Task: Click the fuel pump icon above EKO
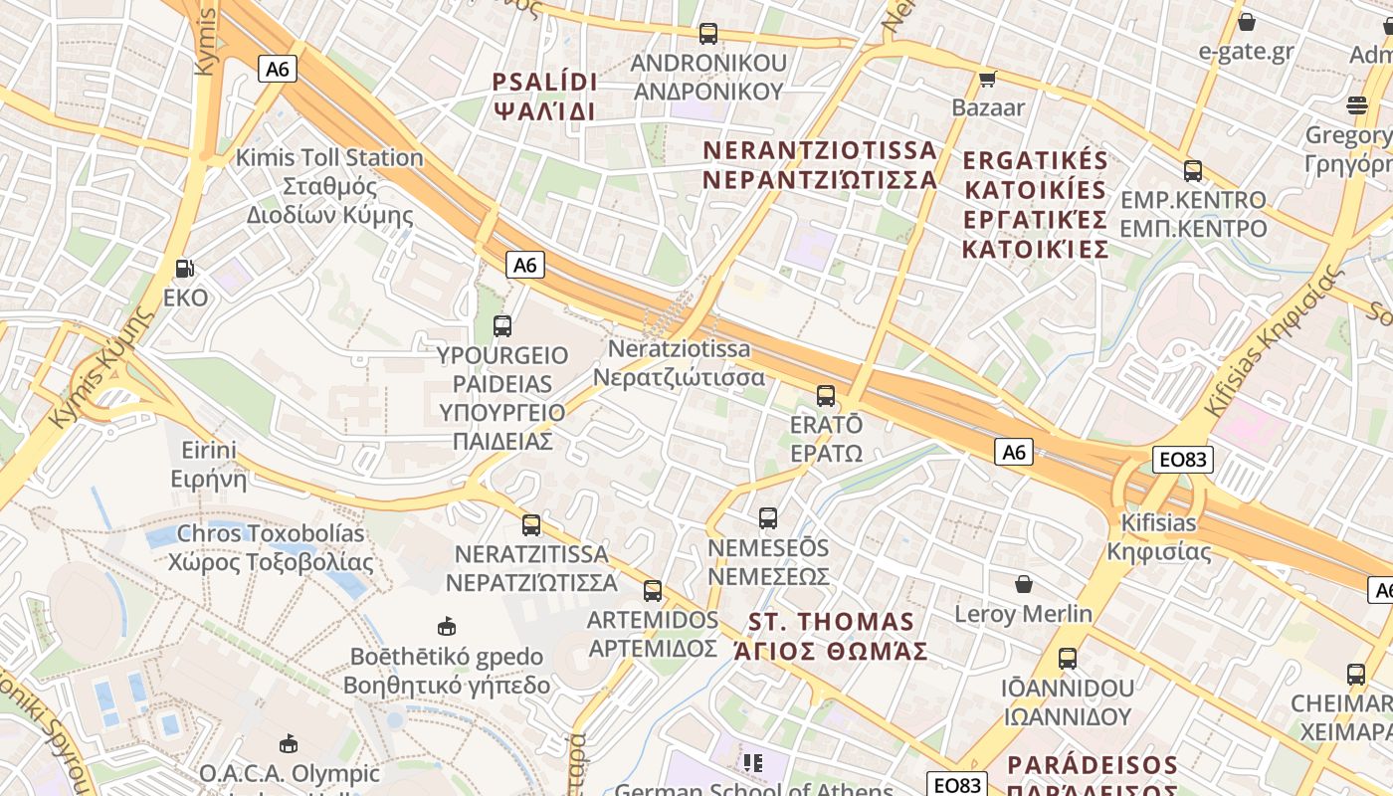pyautogui.click(x=184, y=268)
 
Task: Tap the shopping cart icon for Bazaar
pyautogui.click(x=987, y=79)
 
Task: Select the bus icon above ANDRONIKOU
pyautogui.click(x=708, y=33)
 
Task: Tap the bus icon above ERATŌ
pyautogui.click(x=826, y=395)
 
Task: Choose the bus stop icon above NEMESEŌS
pyautogui.click(x=768, y=517)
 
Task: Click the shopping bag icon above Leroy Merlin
pyautogui.click(x=1024, y=583)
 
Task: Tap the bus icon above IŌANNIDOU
pyautogui.click(x=1068, y=658)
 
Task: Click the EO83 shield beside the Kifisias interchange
pyautogui.click(x=1182, y=459)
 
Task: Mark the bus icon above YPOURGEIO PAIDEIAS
pyautogui.click(x=502, y=325)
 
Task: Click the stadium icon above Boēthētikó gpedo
pyautogui.click(x=447, y=626)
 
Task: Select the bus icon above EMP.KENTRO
pyautogui.click(x=1193, y=170)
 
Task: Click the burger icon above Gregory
pyautogui.click(x=1357, y=104)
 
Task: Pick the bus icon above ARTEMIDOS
pyautogui.click(x=653, y=590)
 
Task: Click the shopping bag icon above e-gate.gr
pyautogui.click(x=1247, y=21)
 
